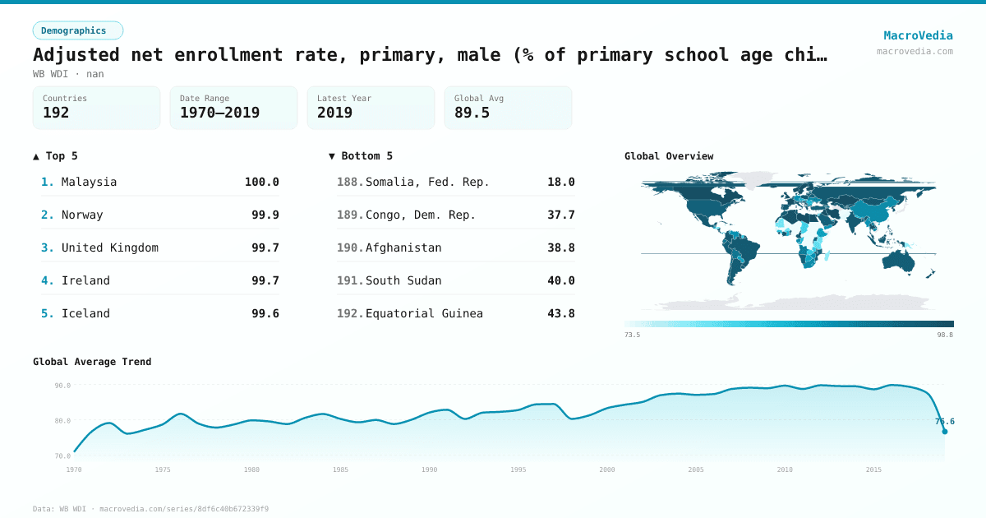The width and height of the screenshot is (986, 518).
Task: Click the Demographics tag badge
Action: (x=77, y=30)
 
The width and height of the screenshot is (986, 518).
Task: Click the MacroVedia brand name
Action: (x=918, y=35)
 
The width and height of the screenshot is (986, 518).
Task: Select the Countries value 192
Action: (x=56, y=113)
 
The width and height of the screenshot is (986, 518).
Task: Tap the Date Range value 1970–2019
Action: (x=219, y=113)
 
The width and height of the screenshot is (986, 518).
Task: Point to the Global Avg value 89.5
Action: (x=472, y=113)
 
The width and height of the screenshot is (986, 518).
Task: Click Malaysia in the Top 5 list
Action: (x=89, y=182)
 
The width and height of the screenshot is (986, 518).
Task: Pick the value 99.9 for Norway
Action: (x=265, y=215)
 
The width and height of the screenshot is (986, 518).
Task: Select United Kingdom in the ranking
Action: (x=109, y=247)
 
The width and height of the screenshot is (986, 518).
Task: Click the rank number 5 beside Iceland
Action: (x=47, y=313)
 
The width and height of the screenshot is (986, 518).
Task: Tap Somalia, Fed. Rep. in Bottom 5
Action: (x=427, y=182)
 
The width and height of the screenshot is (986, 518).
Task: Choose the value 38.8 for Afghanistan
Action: (x=560, y=247)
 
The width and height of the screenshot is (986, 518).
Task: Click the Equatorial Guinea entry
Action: (x=424, y=313)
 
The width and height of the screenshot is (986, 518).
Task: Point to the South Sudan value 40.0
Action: (x=560, y=280)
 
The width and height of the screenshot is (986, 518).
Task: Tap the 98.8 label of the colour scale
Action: (x=945, y=335)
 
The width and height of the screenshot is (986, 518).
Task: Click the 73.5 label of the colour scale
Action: (x=632, y=335)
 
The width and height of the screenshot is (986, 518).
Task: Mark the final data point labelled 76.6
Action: (x=944, y=431)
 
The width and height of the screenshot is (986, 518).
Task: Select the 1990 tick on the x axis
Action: (x=429, y=469)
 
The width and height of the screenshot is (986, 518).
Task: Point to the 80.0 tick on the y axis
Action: (x=62, y=420)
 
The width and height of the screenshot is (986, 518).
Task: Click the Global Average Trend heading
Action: (x=92, y=362)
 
